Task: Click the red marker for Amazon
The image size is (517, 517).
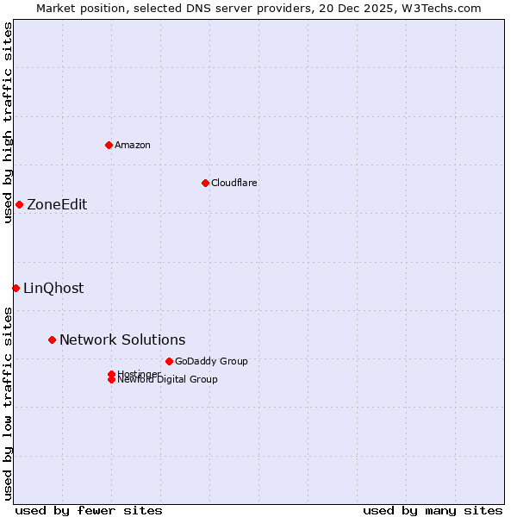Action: click(109, 145)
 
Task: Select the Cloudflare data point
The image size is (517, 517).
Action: click(205, 183)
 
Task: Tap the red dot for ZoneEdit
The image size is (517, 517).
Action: click(19, 204)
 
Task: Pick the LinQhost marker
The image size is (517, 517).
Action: click(16, 288)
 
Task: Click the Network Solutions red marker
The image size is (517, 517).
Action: click(52, 339)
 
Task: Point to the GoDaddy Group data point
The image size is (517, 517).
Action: click(169, 361)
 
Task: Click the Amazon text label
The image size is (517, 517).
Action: click(133, 145)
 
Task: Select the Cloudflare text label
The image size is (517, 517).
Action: click(234, 183)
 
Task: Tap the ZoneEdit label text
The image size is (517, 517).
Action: click(57, 204)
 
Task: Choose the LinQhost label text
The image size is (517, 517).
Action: click(53, 288)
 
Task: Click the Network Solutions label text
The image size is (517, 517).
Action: click(122, 339)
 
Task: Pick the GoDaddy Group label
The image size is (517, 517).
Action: click(211, 361)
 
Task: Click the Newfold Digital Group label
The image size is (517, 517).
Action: click(167, 380)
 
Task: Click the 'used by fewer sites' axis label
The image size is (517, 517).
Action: click(89, 510)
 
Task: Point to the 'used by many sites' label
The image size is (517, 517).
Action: click(433, 510)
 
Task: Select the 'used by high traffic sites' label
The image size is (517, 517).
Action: click(9, 122)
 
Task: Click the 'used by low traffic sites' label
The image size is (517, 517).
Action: click(9, 402)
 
